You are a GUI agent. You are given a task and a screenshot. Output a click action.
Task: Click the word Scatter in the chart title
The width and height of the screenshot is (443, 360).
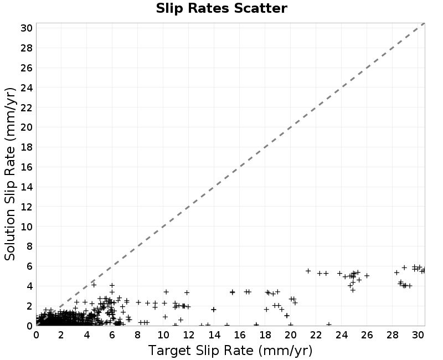tap(260, 8)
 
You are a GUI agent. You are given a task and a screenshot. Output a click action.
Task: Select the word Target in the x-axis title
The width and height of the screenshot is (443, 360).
tap(169, 351)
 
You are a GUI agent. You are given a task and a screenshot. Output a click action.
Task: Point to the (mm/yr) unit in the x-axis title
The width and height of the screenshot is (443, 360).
tap(285, 351)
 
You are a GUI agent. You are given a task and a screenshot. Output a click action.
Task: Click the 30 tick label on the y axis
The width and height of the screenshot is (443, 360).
tap(27, 28)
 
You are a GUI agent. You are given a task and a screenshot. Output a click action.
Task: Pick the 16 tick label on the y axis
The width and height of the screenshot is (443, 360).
tap(27, 167)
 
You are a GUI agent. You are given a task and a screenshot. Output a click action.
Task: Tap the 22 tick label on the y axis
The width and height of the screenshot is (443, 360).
tap(27, 107)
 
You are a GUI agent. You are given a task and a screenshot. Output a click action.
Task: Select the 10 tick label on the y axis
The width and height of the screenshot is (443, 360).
tap(27, 227)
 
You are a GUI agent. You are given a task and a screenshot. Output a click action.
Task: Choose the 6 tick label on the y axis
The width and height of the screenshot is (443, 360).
tap(29, 266)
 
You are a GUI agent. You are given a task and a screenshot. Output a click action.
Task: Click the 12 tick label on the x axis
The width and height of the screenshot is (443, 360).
tap(188, 335)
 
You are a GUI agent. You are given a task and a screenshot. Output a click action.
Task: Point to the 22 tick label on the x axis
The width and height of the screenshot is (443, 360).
tap(316, 335)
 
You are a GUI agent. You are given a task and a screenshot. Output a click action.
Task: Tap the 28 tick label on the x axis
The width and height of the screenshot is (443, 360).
tap(392, 335)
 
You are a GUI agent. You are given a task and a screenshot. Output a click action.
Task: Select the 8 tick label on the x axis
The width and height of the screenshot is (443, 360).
tap(137, 335)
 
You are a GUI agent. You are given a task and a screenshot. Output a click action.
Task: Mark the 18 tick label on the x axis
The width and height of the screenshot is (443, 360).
tap(265, 335)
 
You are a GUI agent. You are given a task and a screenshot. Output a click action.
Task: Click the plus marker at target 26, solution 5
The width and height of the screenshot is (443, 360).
tap(367, 275)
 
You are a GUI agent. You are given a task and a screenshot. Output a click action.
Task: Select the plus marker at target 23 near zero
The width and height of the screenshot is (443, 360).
tap(328, 325)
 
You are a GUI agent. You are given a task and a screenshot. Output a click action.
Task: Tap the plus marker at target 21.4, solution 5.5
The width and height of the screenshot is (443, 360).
tap(308, 271)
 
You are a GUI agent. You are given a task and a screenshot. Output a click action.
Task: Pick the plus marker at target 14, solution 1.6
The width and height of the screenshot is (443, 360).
tap(214, 310)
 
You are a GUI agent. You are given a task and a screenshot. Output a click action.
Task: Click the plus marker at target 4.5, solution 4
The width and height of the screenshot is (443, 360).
tap(94, 285)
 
